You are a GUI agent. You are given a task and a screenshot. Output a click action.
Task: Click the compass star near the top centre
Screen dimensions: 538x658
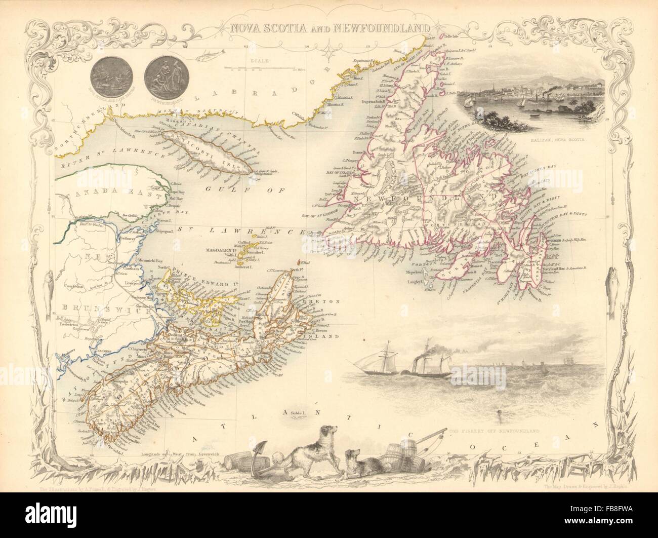coord(332,50)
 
